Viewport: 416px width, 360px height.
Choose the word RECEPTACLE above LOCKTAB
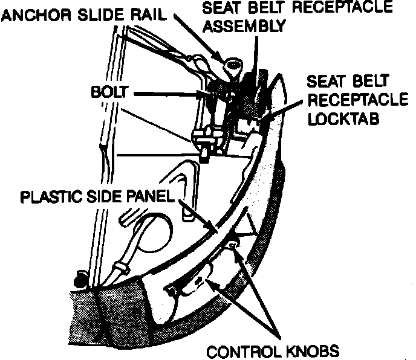pos(346,100)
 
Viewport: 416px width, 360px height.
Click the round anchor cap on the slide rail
pos(232,62)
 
